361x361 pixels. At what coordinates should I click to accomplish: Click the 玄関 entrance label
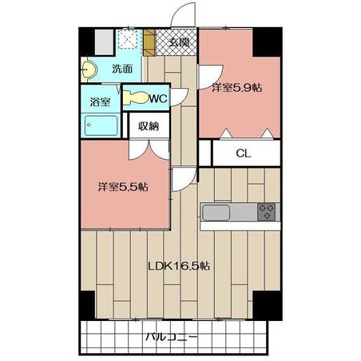pos(179,42)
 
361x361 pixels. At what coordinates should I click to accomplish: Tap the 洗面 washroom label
pos(122,69)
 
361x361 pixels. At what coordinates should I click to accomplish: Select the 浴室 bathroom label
pos(100,101)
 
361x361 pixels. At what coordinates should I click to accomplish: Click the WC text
pos(159,99)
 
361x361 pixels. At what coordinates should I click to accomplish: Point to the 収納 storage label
pos(149,126)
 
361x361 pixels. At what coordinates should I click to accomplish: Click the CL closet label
pos(244,153)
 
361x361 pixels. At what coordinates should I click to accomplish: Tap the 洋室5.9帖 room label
pos(236,87)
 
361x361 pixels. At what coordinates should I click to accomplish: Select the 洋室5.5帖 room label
pos(123,187)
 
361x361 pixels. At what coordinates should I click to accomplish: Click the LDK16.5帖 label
pos(179,266)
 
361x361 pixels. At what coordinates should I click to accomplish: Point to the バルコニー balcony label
pos(172,337)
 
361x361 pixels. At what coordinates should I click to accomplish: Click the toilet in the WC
pos(136,97)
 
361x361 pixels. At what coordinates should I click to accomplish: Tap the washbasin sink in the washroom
pos(89,69)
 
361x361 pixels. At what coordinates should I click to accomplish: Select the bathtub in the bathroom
pos(101,125)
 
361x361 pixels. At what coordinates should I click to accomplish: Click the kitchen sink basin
pos(216,212)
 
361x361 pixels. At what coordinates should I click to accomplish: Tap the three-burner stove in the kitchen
pos(266,212)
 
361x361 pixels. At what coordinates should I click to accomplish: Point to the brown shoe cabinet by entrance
pos(149,42)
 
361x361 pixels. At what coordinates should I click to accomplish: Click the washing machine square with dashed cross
pos(128,40)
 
